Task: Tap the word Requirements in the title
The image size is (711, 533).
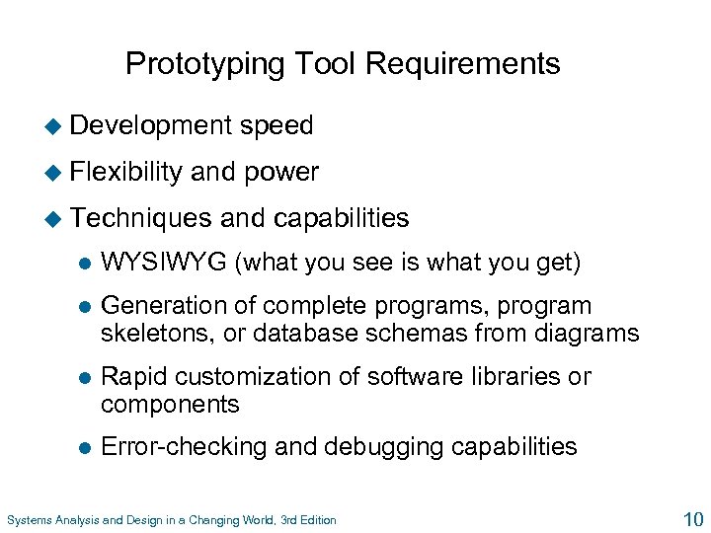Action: tap(463, 65)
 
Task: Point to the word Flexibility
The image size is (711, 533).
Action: tap(126, 172)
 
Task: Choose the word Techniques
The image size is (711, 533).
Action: tap(141, 217)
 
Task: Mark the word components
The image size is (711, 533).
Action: tap(170, 404)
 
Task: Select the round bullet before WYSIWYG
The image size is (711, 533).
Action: tap(84, 265)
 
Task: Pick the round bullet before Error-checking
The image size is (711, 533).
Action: tap(84, 448)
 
